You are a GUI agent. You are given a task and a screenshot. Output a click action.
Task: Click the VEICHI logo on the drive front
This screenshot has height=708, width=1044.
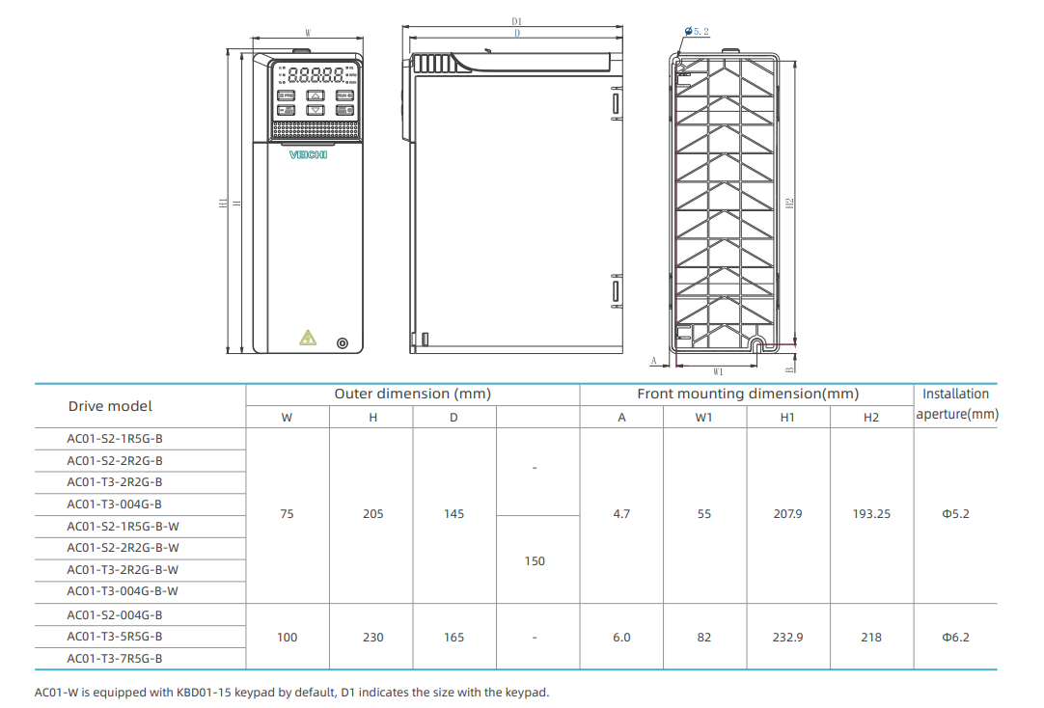(309, 154)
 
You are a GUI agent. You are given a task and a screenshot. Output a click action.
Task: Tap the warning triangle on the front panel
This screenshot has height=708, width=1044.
(308, 338)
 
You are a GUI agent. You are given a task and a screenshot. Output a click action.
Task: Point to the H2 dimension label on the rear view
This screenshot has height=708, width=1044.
(788, 203)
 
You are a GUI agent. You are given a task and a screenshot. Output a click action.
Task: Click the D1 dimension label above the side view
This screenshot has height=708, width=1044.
(517, 20)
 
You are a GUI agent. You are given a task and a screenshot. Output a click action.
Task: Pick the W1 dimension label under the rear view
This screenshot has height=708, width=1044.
(718, 370)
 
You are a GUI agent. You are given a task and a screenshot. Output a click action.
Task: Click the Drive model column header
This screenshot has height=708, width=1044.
(110, 406)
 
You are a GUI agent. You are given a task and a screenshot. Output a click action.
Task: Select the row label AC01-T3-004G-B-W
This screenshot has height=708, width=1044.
(123, 591)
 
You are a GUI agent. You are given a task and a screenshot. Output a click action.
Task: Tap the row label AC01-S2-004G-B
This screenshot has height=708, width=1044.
(115, 614)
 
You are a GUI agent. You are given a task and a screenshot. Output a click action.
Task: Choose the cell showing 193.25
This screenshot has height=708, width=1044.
(871, 514)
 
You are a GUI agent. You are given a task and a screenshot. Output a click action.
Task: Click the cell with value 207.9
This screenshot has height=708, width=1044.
(787, 514)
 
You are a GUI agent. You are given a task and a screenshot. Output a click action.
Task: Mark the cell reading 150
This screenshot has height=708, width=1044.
(535, 560)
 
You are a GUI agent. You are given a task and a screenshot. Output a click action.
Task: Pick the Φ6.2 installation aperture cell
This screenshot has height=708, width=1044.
(955, 637)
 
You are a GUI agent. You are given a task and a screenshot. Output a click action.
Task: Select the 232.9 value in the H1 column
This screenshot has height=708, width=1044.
(787, 637)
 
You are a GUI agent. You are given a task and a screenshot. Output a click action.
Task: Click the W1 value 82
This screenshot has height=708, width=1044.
(704, 637)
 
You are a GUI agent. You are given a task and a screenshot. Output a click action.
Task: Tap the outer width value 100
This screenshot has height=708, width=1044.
(287, 637)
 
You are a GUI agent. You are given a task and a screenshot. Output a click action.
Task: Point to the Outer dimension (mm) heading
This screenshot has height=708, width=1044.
(412, 394)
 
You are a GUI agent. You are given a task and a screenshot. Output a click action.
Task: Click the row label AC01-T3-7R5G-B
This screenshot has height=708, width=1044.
(115, 659)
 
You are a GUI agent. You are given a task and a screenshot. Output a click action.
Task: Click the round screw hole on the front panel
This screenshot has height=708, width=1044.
(342, 344)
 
